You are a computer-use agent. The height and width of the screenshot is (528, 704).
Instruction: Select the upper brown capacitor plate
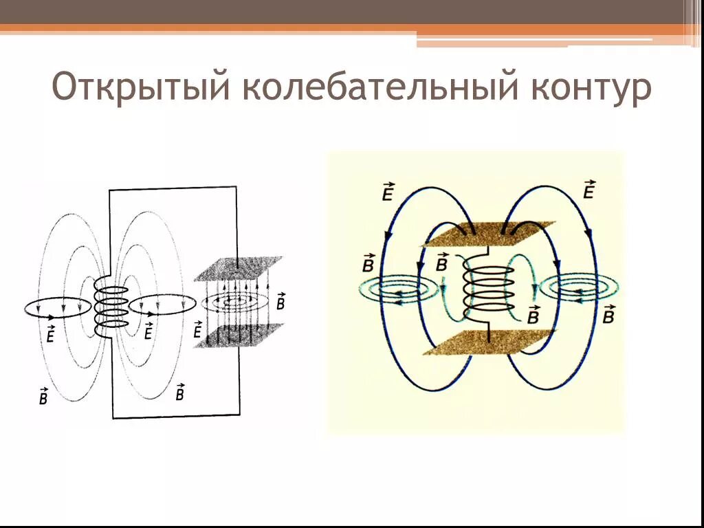[489, 234]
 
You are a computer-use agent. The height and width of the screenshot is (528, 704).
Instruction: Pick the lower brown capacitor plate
[488, 342]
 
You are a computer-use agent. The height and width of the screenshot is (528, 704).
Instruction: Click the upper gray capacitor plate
[238, 268]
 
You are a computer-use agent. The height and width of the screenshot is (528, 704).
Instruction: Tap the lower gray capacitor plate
[238, 335]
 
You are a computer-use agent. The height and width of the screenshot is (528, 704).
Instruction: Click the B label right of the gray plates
[280, 302]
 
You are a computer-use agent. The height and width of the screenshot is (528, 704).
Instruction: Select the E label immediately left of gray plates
[198, 330]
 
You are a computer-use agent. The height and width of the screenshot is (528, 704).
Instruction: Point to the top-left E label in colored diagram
[387, 192]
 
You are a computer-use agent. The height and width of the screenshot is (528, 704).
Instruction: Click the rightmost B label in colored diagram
[608, 314]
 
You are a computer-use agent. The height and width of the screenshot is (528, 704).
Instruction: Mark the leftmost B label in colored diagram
[368, 263]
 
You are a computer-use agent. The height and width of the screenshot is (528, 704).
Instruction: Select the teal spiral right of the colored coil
[579, 288]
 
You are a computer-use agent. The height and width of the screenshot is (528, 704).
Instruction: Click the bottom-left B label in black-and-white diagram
[43, 397]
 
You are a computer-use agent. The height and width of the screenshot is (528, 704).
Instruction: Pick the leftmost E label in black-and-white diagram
[49, 333]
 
